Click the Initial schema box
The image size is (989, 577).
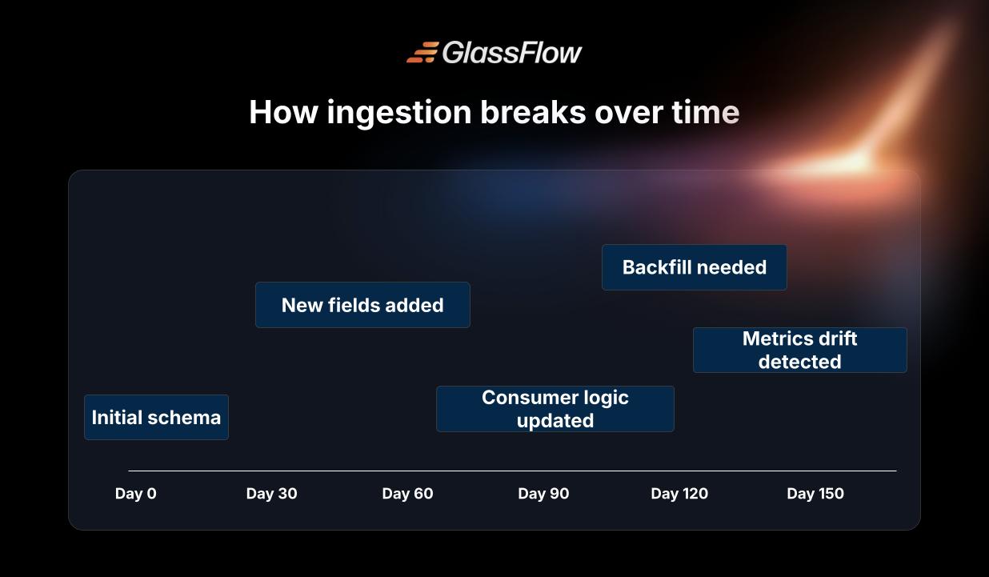(156, 417)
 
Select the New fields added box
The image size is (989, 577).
(362, 305)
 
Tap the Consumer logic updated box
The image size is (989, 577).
(555, 409)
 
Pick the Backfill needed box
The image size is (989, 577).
(694, 267)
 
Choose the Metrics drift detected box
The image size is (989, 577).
(800, 350)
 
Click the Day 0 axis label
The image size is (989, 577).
(135, 493)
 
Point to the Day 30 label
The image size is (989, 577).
(271, 493)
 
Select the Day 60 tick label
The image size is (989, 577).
(407, 493)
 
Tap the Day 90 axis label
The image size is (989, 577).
(543, 493)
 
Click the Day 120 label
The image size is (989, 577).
(679, 493)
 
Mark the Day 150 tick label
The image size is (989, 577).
(815, 493)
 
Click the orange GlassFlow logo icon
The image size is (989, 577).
(422, 52)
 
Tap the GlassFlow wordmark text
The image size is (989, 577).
(512, 53)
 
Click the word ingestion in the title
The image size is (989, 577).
(399, 113)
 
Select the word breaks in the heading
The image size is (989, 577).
(533, 112)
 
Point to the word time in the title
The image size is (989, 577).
(706, 112)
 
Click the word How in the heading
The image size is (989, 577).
(283, 112)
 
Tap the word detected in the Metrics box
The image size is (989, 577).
(799, 362)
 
